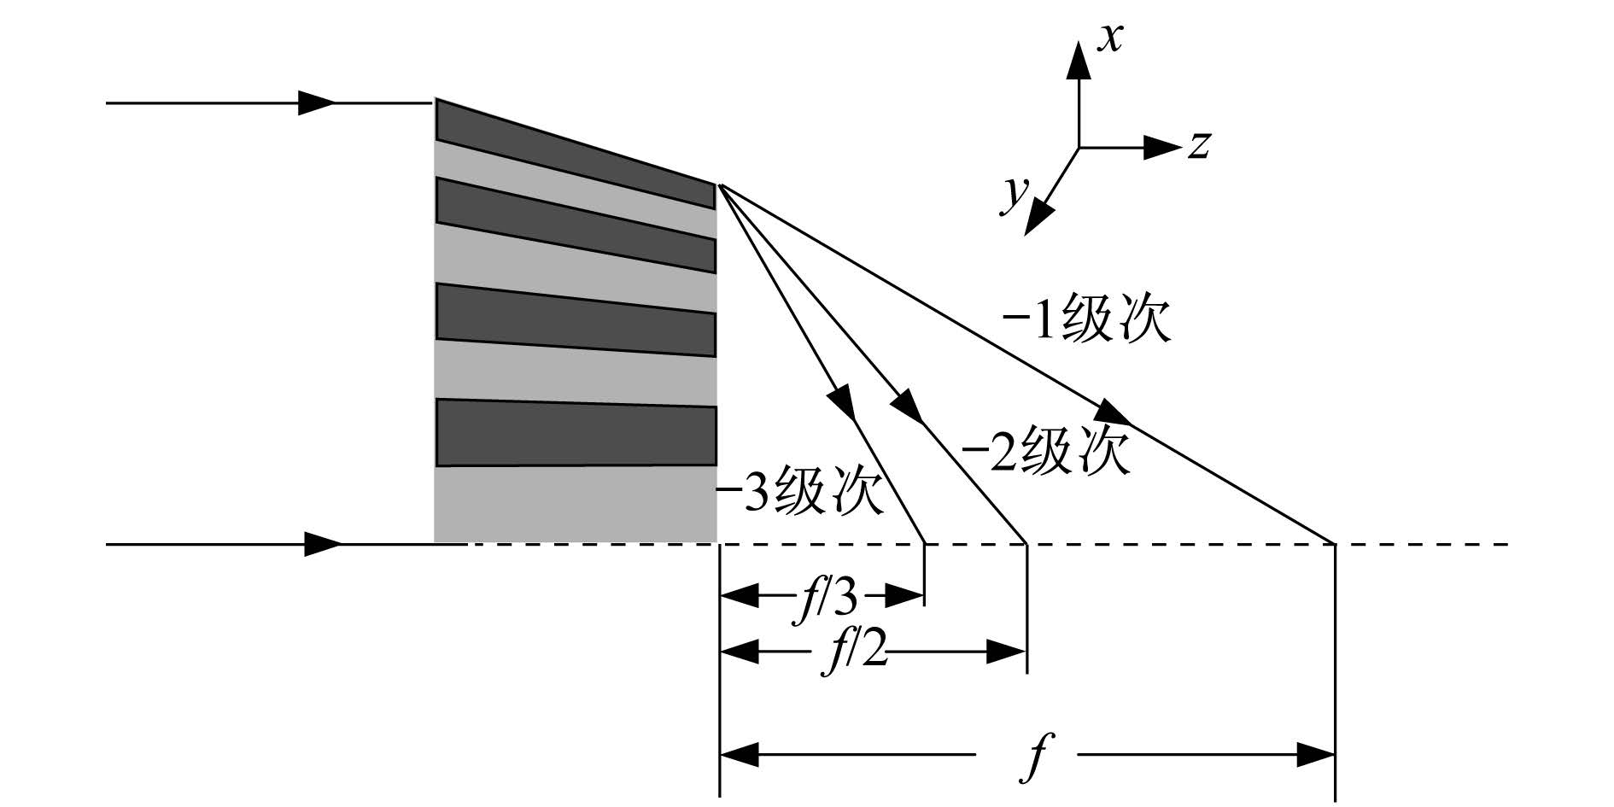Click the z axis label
click(1199, 145)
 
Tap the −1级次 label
click(1086, 321)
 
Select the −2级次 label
click(1045, 450)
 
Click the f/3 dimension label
click(825, 595)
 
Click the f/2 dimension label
click(855, 652)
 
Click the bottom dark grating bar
click(575, 432)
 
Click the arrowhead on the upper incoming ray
click(317, 102)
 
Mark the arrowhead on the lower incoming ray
click(324, 543)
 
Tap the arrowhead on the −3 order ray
click(841, 401)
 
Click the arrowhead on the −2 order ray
click(908, 406)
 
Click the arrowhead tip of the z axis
click(1179, 147)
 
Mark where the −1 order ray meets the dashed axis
click(1335, 543)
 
